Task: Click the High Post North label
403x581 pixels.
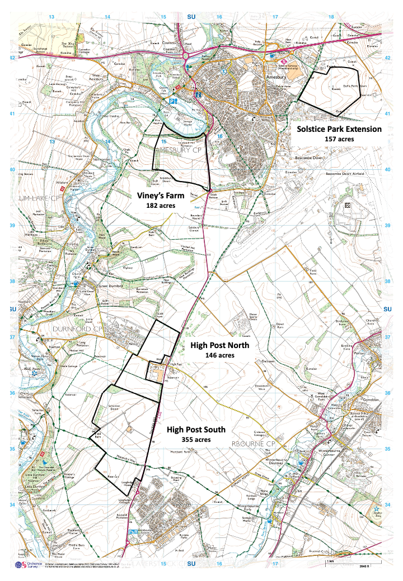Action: tap(219, 345)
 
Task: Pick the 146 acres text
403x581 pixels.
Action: tap(219, 355)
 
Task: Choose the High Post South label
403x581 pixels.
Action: tap(196, 430)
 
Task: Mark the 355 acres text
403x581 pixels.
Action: tap(196, 440)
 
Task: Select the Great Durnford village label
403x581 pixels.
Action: tap(110, 288)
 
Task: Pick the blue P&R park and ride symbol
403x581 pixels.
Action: tap(133, 532)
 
